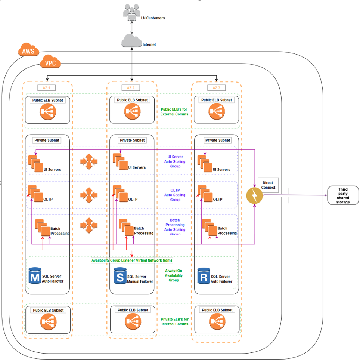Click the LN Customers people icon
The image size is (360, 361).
coord(131,11)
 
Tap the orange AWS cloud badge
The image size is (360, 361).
coord(28,50)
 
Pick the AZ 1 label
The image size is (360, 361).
coord(46,87)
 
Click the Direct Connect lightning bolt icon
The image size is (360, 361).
coord(255,195)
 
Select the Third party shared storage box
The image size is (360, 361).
coord(343,195)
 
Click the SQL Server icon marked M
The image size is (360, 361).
coord(35,275)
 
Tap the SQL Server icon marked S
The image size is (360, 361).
coord(120,275)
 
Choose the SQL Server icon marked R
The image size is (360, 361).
coord(204,275)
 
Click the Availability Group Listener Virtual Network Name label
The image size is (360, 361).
coord(132,260)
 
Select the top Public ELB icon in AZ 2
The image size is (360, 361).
coord(132,111)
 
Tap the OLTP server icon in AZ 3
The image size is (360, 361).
coord(205,193)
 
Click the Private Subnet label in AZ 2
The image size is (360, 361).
coord(131,140)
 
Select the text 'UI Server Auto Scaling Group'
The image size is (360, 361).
coord(175,161)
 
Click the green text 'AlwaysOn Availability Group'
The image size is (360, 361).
coord(174,275)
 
